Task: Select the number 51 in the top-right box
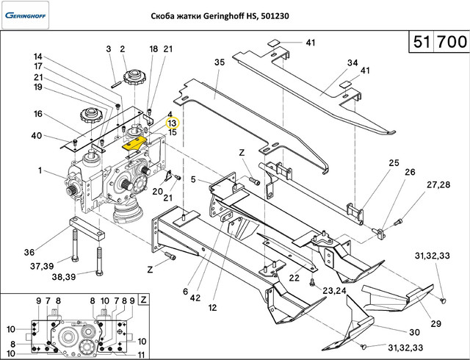[420, 43]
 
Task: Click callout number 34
[352, 62]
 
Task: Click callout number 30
[413, 331]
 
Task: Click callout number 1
[40, 171]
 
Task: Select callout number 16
[38, 114]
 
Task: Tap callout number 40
[37, 135]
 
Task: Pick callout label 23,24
[333, 290]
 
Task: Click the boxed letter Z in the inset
[143, 300]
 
